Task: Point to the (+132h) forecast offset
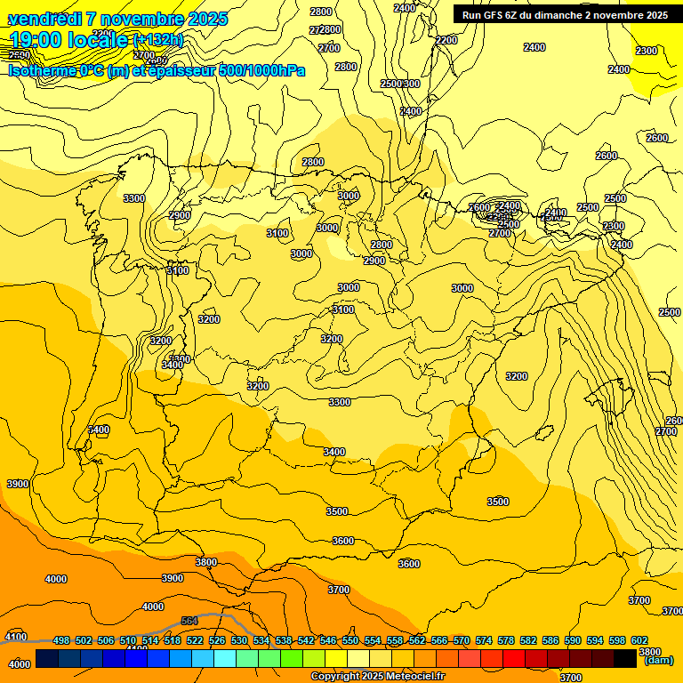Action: tap(157, 40)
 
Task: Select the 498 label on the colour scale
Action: tap(61, 640)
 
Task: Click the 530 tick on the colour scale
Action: tap(239, 640)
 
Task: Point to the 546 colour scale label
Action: tap(328, 640)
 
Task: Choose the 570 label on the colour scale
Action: tap(462, 640)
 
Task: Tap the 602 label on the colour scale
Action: tap(639, 640)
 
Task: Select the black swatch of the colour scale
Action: tap(649, 659)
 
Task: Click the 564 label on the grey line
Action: tap(189, 621)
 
